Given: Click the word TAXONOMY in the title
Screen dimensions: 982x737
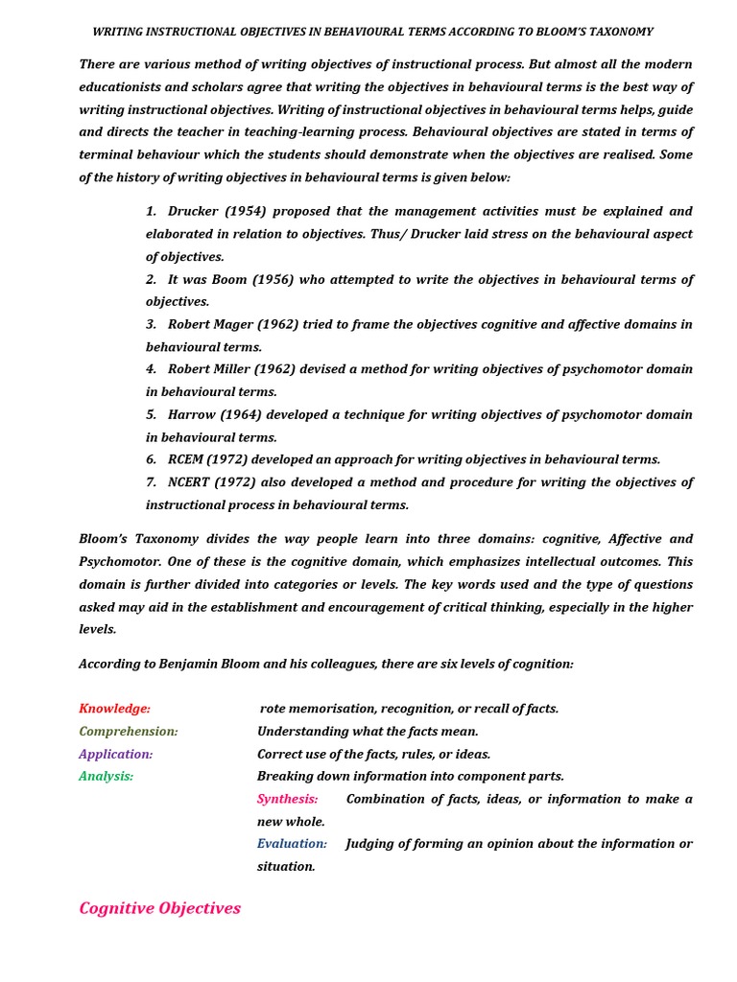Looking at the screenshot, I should pyautogui.click(x=620, y=32).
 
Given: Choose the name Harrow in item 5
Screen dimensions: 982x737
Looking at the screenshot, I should pyautogui.click(x=191, y=414).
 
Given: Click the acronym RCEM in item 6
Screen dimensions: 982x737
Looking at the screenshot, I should pyautogui.click(x=187, y=459).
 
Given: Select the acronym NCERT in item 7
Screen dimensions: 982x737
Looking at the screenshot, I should pyautogui.click(x=192, y=482).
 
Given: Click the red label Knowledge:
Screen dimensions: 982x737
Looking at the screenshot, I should pyautogui.click(x=114, y=709).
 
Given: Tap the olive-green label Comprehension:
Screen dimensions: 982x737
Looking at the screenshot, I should pyautogui.click(x=129, y=732).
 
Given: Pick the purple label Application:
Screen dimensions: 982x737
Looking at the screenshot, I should pyautogui.click(x=116, y=754).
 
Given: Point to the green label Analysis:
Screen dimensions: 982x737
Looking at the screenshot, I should pyautogui.click(x=106, y=777).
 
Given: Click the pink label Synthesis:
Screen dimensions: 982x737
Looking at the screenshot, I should pyautogui.click(x=287, y=799).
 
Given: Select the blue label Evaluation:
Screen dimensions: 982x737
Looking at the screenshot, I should pyautogui.click(x=292, y=844).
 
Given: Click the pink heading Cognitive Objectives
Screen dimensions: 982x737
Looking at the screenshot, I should pyautogui.click(x=159, y=908).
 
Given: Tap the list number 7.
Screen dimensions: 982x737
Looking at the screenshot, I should pyautogui.click(x=151, y=482).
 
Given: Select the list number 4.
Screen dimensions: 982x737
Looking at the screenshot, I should pyautogui.click(x=151, y=369).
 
